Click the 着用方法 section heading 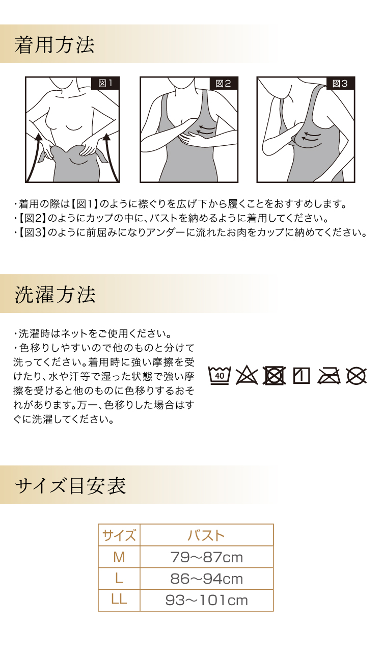(x=54, y=45)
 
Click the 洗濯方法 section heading (x=55, y=295)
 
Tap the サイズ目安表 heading (x=70, y=486)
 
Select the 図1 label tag (x=105, y=83)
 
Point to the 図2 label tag (x=224, y=84)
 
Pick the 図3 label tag (x=340, y=84)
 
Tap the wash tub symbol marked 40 (x=220, y=376)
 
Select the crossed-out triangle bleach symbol (x=247, y=376)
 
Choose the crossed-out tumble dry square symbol (x=275, y=376)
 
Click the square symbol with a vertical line (x=302, y=376)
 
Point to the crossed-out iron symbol (x=329, y=376)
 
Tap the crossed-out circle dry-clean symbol (x=357, y=376)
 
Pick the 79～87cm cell (x=206, y=557)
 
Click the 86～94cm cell (x=206, y=579)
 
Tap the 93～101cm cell (x=206, y=601)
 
